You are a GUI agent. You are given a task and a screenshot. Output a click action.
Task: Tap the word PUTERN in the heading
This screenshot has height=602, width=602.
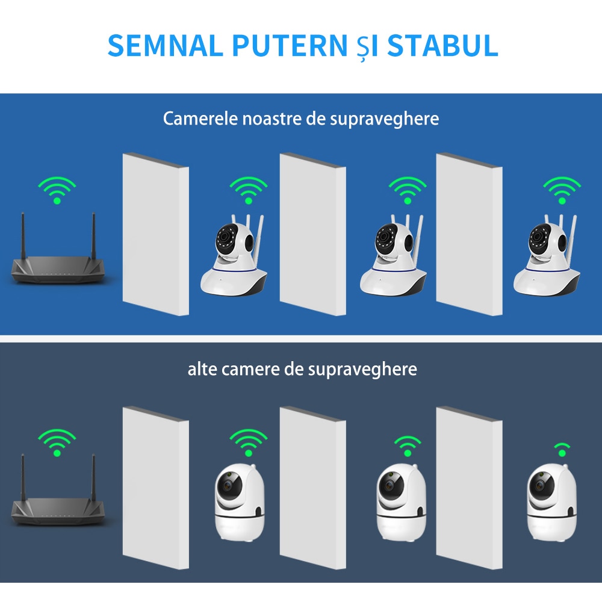286,46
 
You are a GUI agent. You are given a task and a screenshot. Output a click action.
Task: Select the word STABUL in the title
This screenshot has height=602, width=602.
442,46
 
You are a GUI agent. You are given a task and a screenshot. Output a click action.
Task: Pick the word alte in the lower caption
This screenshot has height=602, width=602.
203,368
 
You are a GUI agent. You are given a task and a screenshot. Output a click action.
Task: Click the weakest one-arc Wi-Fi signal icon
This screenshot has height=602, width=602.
562,449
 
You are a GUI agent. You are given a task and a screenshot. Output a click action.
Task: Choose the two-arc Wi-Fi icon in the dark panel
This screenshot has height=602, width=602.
408,446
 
